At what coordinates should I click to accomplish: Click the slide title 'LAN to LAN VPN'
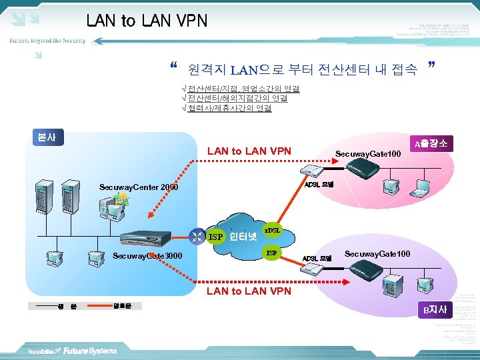coord(147,21)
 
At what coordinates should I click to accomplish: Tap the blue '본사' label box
coord(46,137)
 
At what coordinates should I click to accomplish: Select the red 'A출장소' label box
coord(430,143)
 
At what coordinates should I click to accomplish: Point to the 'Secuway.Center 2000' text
coord(139,187)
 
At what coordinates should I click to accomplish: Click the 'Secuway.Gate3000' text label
coord(147,256)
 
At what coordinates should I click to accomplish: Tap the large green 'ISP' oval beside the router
coord(215,237)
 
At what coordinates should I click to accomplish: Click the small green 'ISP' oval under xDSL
coord(271,253)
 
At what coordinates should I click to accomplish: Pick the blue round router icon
coord(197,235)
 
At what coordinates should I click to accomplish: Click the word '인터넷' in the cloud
coord(243,236)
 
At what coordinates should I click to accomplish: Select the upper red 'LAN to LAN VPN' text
coord(249,151)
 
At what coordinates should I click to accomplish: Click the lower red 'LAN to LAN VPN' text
coord(249,291)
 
